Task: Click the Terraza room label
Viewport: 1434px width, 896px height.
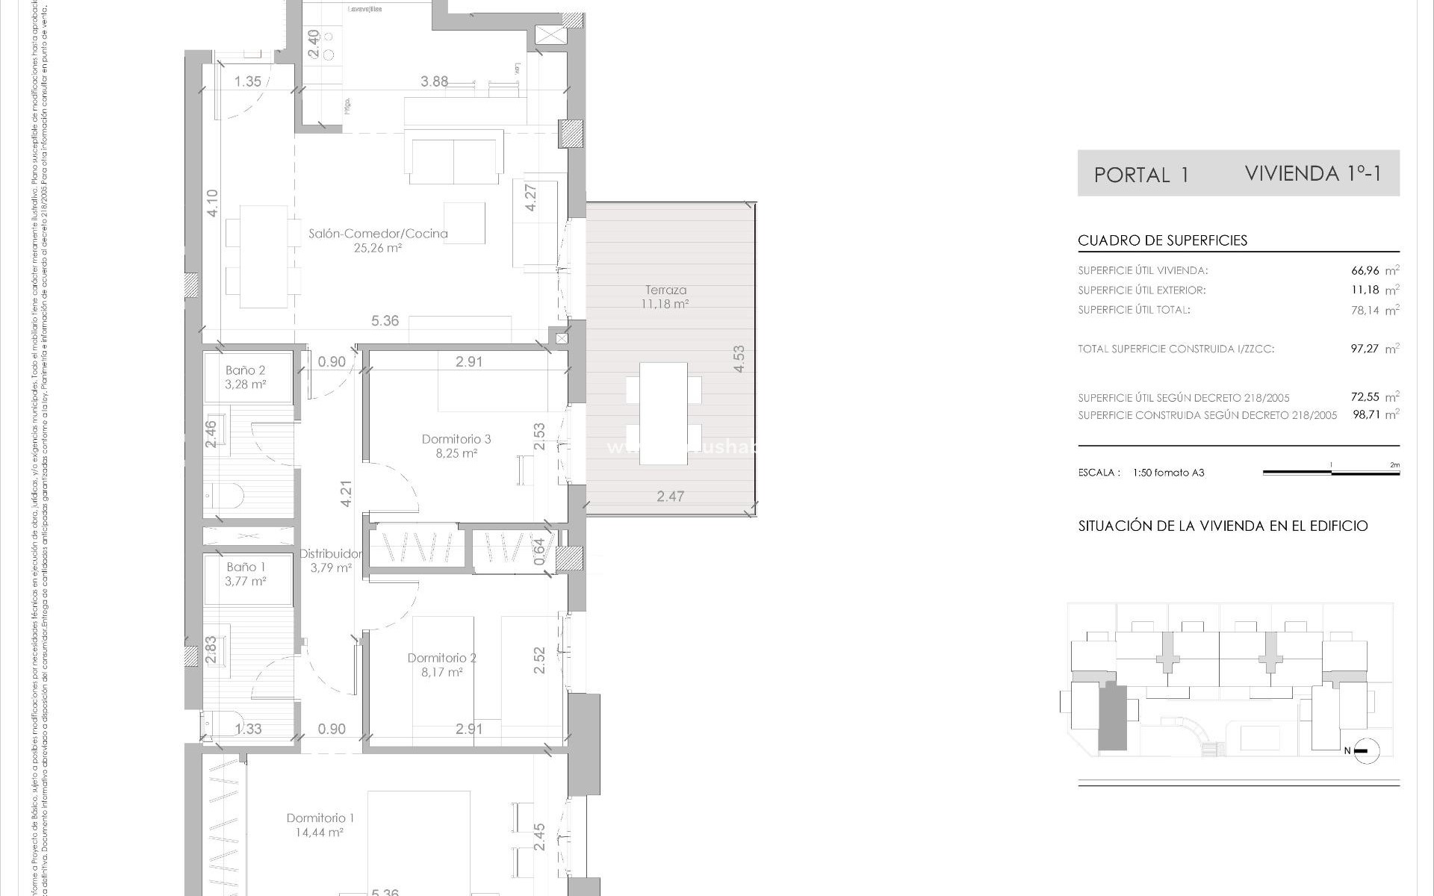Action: coord(665,290)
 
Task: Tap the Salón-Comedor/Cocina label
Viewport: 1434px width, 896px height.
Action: coord(378,233)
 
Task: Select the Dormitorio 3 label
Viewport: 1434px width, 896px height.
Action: coord(456,439)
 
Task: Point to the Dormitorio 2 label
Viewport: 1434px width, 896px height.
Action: coord(441,658)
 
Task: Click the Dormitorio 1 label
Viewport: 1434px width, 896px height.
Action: coord(320,818)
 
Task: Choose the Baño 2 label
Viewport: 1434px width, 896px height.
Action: coord(246,370)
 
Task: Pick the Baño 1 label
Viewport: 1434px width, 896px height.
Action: coord(246,567)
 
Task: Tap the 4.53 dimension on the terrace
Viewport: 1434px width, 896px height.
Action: coord(739,359)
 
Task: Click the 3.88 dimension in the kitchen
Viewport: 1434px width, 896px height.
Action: coord(434,81)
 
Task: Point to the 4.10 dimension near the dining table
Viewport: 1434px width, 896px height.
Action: coord(212,203)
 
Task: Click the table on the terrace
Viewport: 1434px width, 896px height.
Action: coord(663,413)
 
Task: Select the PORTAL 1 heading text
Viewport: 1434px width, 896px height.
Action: coord(1140,175)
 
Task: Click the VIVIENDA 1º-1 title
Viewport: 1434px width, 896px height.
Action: coord(1313,174)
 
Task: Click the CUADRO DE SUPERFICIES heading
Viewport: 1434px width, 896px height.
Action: coord(1162,240)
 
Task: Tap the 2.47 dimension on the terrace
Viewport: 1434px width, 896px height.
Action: coord(670,496)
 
